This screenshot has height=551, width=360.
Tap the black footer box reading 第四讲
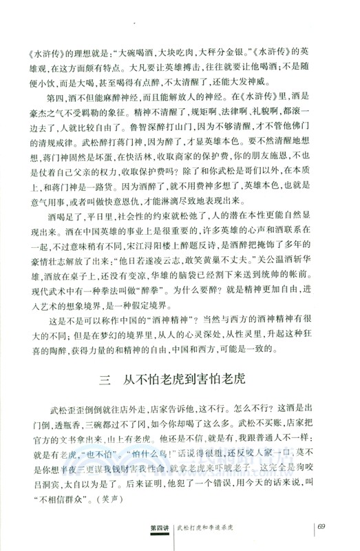[x=160, y=528]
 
